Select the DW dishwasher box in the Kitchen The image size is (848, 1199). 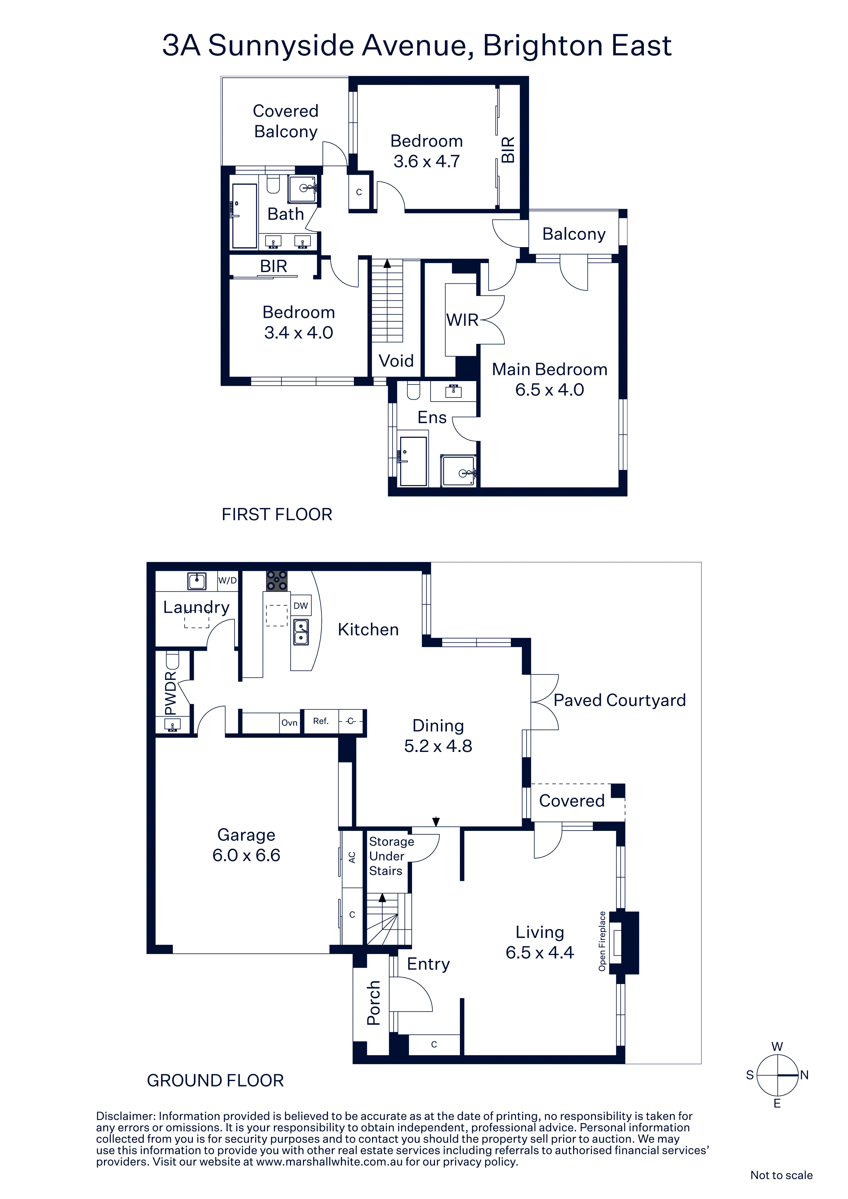(301, 606)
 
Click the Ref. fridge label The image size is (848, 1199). (321, 721)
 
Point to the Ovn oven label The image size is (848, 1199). (290, 723)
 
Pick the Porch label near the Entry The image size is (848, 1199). (374, 1003)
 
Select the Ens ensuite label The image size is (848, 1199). (432, 417)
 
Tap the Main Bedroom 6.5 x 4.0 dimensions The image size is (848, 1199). (549, 390)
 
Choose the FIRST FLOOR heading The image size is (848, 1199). (277, 514)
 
